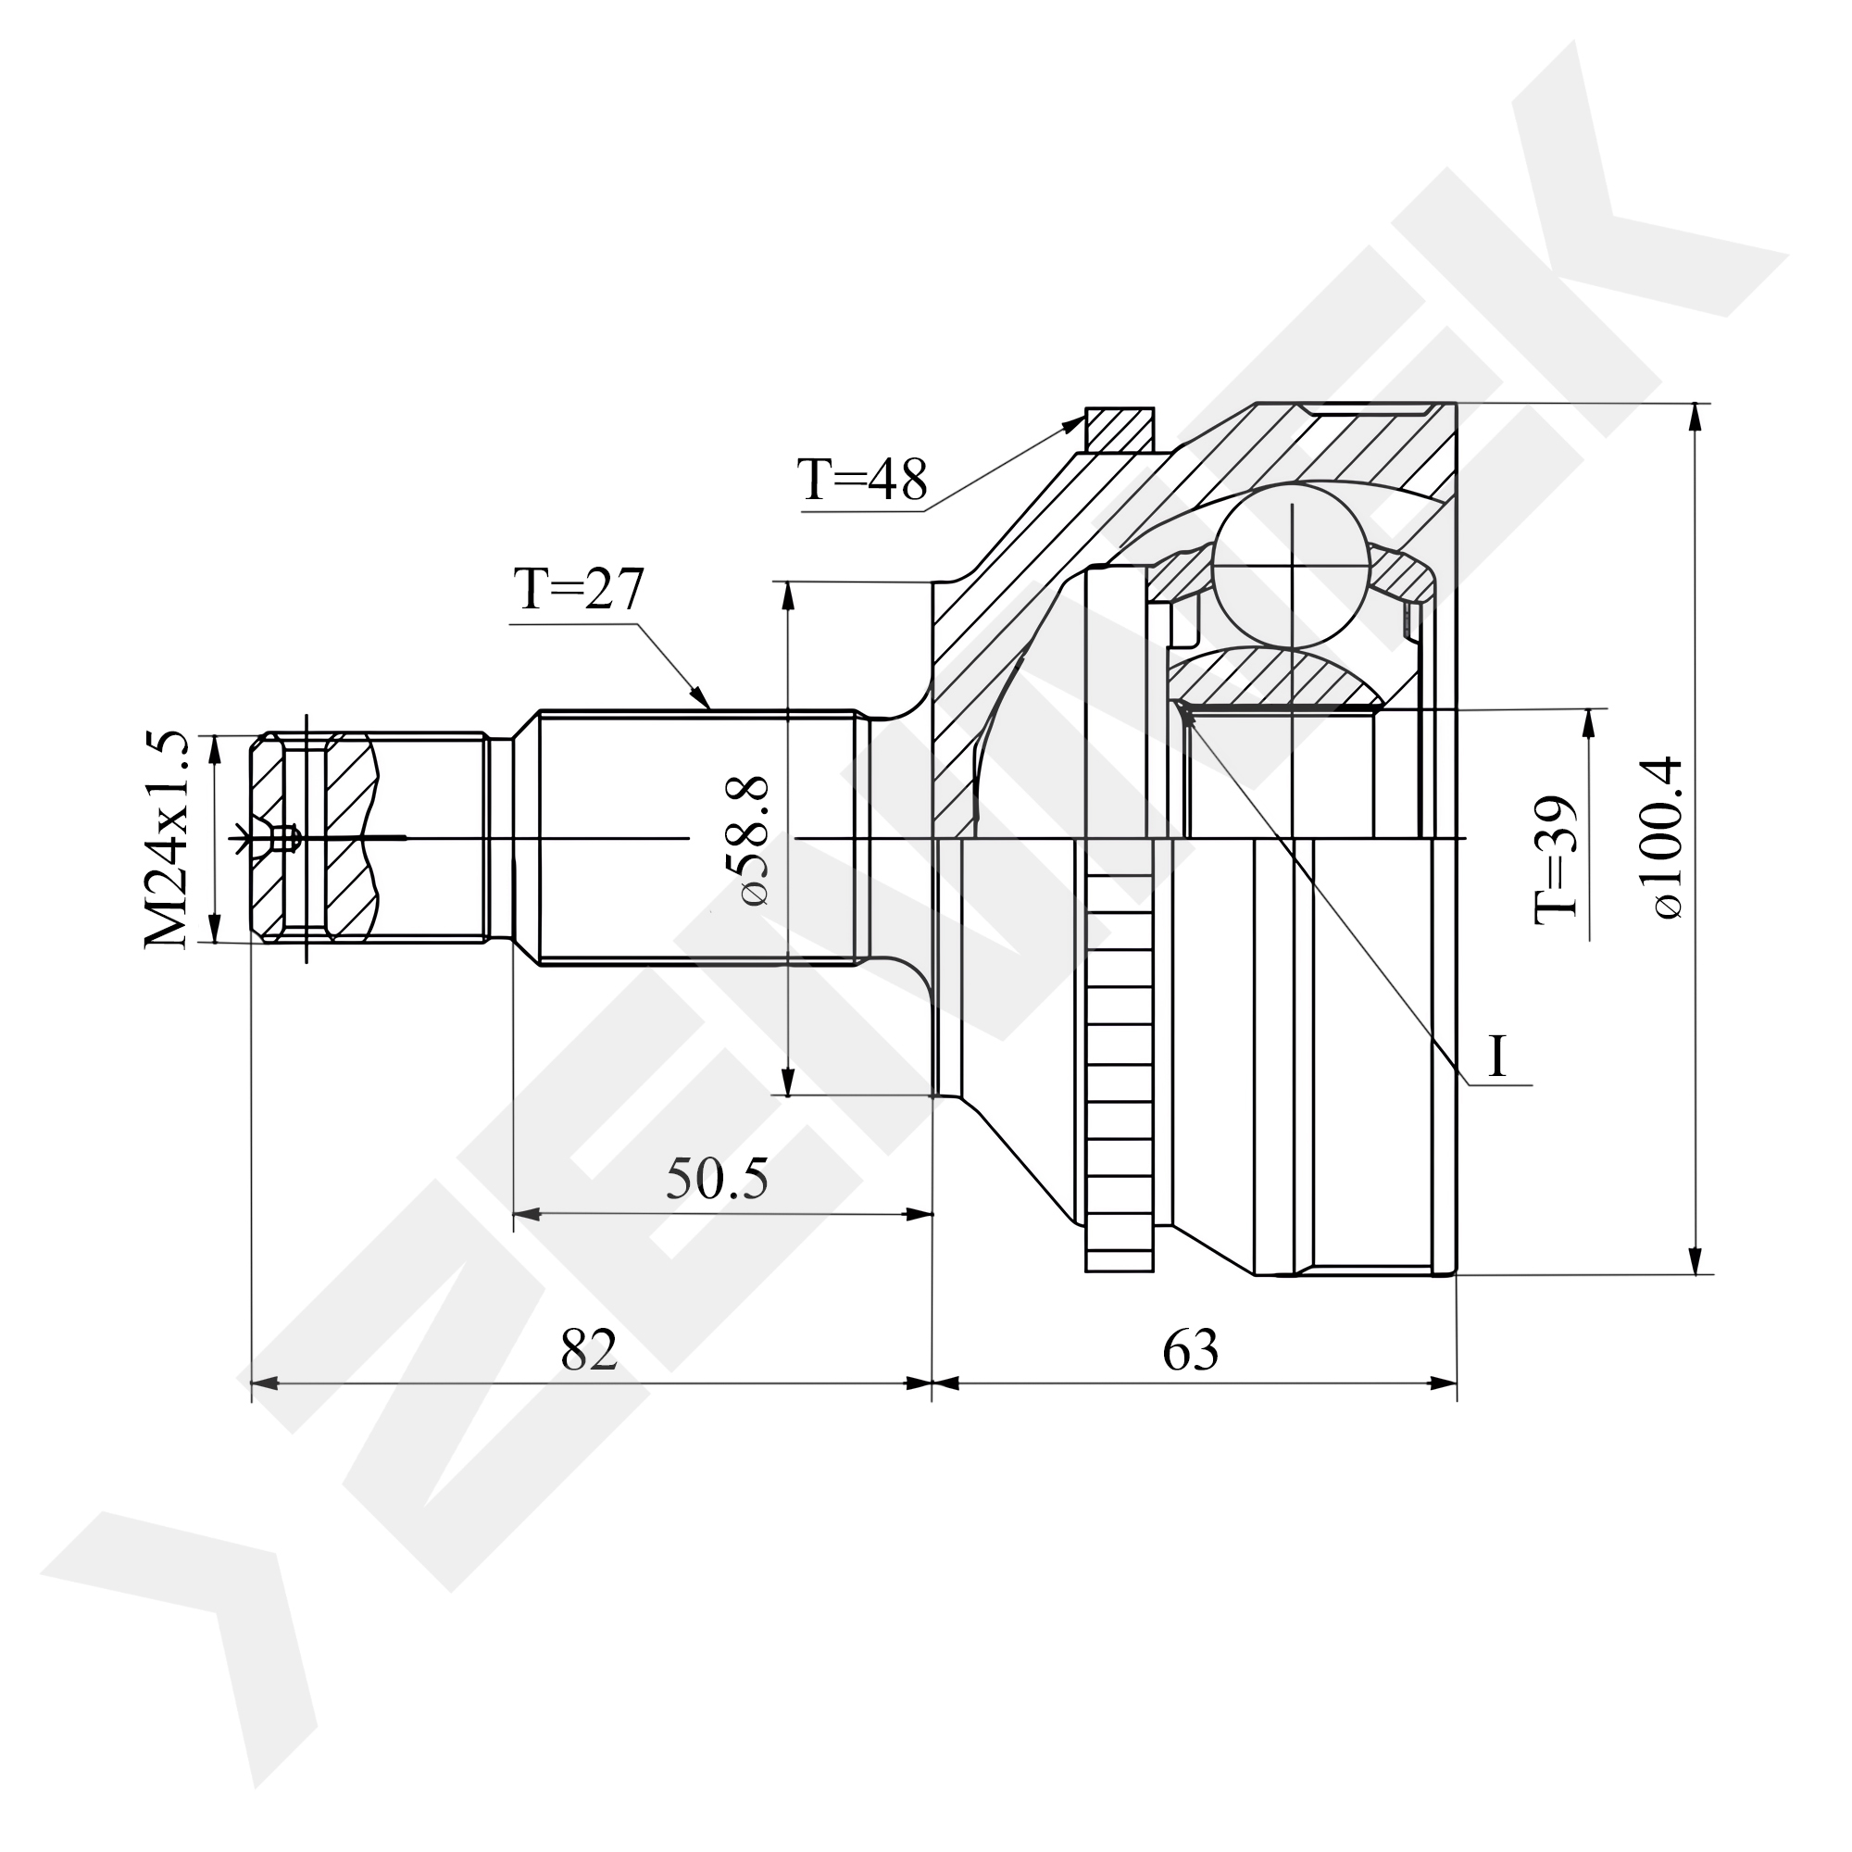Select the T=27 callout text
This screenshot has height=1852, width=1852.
pyautogui.click(x=579, y=590)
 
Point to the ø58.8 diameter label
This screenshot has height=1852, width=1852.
pyautogui.click(x=750, y=842)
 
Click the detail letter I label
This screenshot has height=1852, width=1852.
pyautogui.click(x=1497, y=1056)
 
